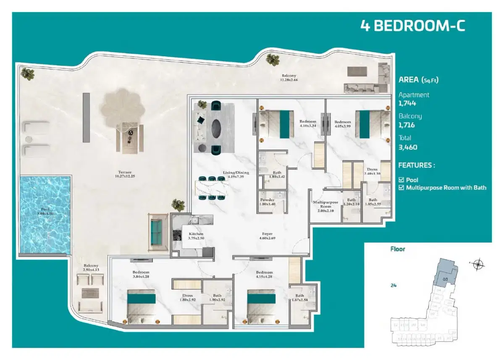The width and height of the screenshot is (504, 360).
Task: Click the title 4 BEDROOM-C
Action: pyautogui.click(x=413, y=25)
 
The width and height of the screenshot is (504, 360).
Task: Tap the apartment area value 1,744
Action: pyautogui.click(x=407, y=103)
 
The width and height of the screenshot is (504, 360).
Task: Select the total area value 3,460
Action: pyautogui.click(x=407, y=147)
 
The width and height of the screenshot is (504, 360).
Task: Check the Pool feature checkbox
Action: pyautogui.click(x=401, y=180)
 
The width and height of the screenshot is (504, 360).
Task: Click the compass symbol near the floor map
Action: pyautogui.click(x=478, y=264)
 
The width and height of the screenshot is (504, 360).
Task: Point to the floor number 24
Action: pyautogui.click(x=394, y=285)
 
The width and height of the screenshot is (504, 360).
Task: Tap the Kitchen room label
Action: pyautogui.click(x=196, y=234)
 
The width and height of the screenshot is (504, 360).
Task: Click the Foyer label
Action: pyautogui.click(x=267, y=234)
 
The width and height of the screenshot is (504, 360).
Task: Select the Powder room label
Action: pyautogui.click(x=267, y=200)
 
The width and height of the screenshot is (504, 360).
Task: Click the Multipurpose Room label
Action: pyautogui.click(x=325, y=205)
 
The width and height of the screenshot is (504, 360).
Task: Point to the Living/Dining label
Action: pyautogui.click(x=236, y=173)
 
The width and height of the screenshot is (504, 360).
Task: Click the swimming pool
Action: pyautogui.click(x=44, y=214)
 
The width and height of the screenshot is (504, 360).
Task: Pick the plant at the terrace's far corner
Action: pyautogui.click(x=29, y=74)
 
